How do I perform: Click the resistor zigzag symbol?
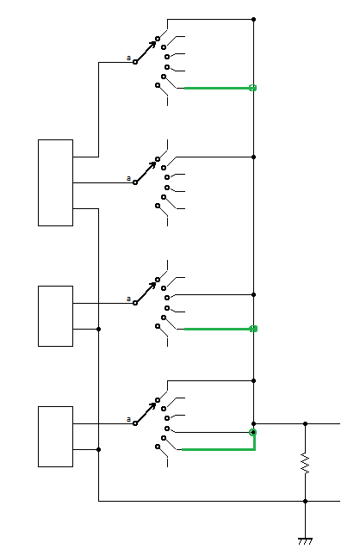tap(305, 463)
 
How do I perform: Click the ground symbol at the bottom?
tap(305, 541)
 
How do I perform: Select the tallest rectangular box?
tap(55, 182)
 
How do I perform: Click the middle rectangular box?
tap(55, 316)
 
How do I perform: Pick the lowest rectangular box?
tap(55, 436)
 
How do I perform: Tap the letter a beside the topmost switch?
tap(128, 58)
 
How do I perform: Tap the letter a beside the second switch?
tap(128, 178)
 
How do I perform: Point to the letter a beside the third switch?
tap(128, 299)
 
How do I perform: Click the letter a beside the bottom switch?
tap(128, 419)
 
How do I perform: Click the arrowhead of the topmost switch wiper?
tap(153, 44)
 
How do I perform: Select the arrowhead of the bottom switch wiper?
tap(153, 405)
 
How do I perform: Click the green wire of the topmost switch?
tap(217, 88)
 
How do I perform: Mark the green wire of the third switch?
tap(217, 329)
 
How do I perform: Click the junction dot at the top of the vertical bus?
tap(253, 19)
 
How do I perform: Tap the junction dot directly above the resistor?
tap(305, 423)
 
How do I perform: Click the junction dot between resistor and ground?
tap(305, 501)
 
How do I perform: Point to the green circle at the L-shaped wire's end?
tap(252, 433)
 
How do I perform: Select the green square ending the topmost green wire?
tap(252, 88)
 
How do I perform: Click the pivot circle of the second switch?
tap(135, 182)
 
